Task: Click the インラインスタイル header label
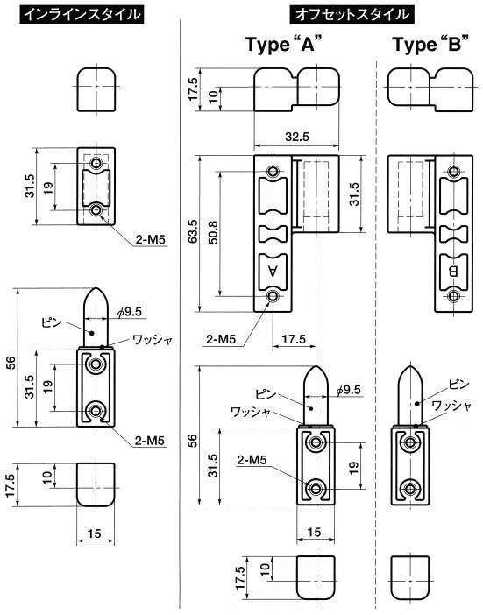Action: click(82, 15)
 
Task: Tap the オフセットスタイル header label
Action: click(352, 15)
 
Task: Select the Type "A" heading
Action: click(281, 44)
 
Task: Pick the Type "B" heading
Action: click(430, 44)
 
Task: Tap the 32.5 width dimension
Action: click(296, 136)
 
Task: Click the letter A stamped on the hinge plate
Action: click(273, 271)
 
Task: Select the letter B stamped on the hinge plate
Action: click(453, 272)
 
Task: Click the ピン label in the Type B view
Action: click(458, 385)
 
